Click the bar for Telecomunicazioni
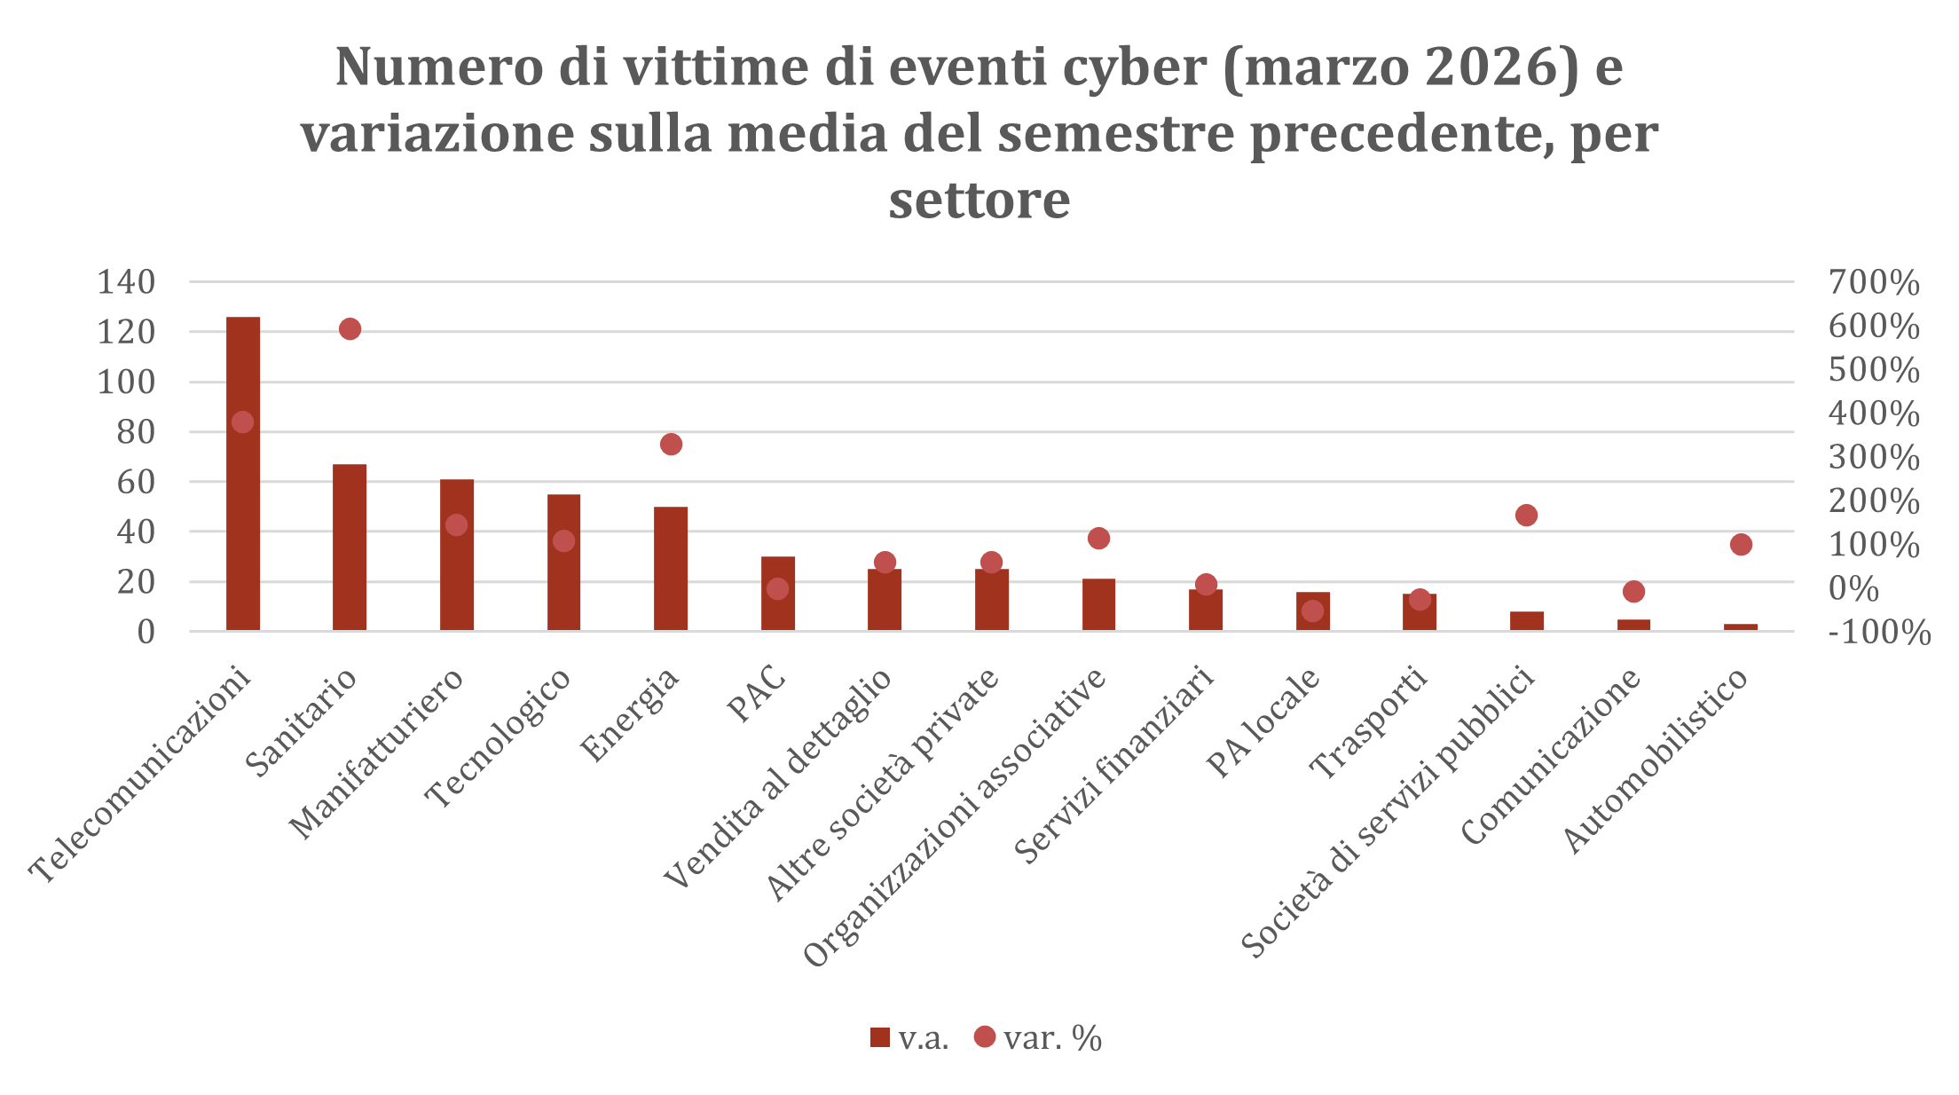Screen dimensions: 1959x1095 243,474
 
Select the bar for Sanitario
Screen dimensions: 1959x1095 350,547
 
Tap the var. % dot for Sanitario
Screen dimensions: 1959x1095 350,329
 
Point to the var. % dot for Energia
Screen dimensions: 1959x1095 671,445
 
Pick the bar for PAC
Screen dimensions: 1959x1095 778,594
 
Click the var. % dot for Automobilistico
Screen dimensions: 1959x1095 1741,545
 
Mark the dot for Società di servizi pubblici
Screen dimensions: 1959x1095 1526,516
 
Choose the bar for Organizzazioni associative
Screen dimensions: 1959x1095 1098,605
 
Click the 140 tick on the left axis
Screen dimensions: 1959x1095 126,282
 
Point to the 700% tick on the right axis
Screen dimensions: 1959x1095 1874,283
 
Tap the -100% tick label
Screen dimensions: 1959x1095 1878,633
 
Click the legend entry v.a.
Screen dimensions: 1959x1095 909,1037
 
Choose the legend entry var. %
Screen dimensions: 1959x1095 1038,1037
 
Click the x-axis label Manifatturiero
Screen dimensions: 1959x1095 376,753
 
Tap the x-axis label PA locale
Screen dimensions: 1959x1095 1263,722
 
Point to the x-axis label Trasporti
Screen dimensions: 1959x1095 1369,723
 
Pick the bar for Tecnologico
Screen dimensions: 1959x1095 563,563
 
